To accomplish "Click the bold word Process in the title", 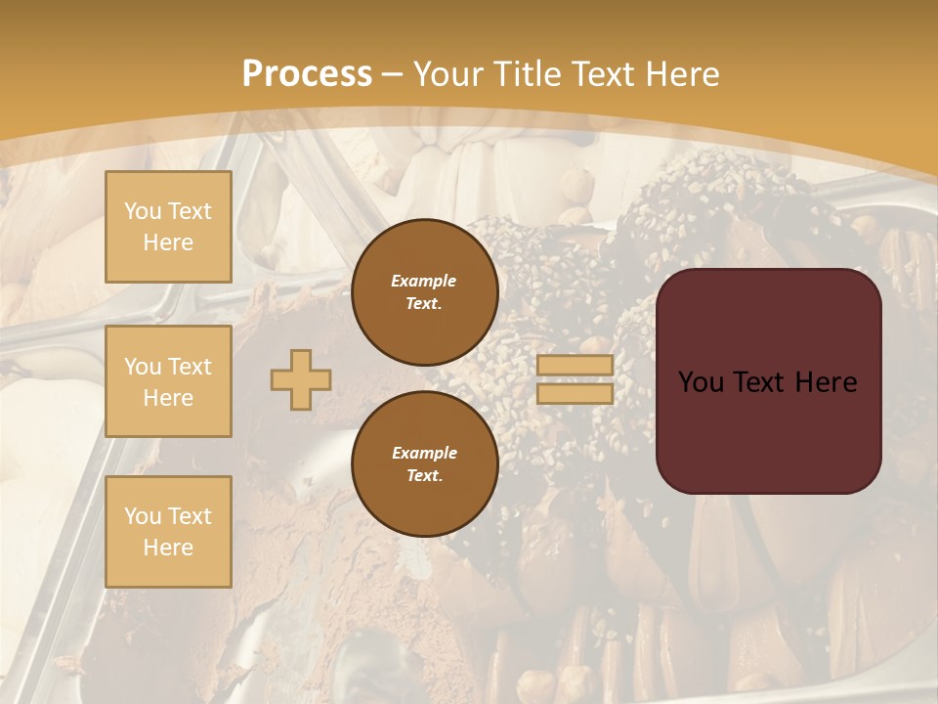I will pos(307,74).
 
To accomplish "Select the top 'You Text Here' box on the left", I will pos(168,227).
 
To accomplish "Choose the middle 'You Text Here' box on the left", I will pos(168,381).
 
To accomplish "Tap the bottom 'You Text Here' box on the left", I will pos(168,531).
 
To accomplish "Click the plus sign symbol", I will pos(301,379).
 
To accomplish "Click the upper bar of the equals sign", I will pos(575,365).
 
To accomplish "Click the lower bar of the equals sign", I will pos(575,393).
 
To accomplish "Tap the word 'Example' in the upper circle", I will pos(424,281).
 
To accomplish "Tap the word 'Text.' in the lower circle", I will pos(424,475).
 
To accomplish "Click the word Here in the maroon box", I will pos(826,382).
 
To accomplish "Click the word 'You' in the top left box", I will pos(143,211).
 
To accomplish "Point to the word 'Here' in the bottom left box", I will pos(168,548).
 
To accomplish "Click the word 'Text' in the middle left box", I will pos(190,367).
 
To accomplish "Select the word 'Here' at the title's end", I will pos(683,74).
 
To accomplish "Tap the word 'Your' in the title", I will pos(447,74).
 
